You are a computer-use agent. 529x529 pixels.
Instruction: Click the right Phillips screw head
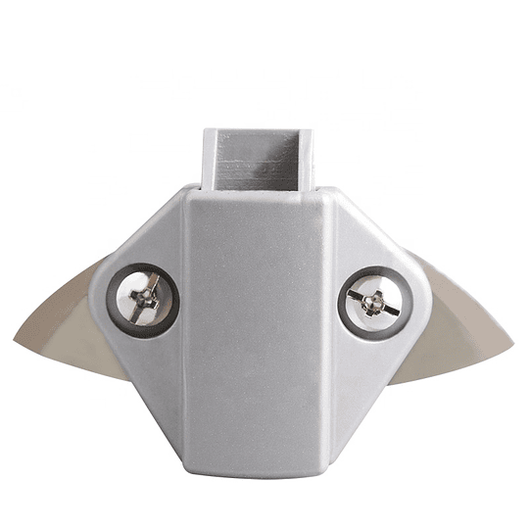372,302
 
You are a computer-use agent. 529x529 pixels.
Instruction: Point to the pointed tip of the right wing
510,342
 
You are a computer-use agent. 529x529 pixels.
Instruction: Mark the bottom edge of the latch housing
259,473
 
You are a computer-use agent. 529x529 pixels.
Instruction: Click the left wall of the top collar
209,157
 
